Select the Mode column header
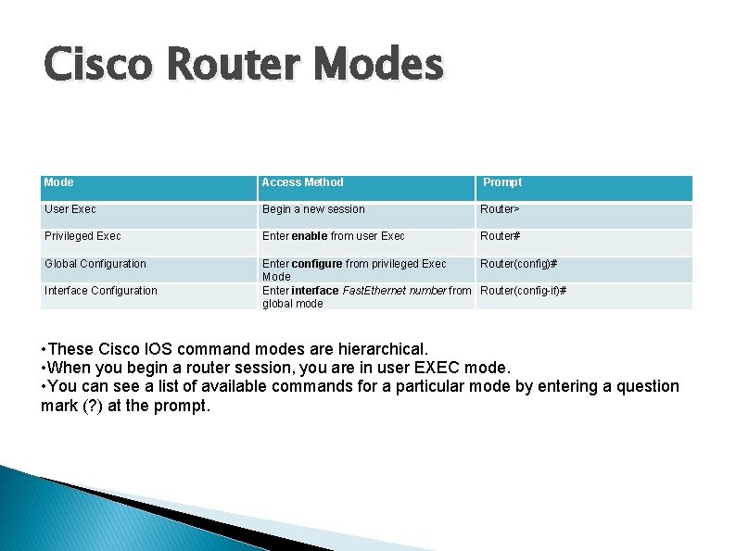(59, 182)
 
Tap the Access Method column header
(302, 182)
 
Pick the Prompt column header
(502, 182)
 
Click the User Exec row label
(70, 209)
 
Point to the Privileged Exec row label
(82, 236)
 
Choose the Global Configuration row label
(95, 264)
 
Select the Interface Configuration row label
(101, 291)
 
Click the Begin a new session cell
(313, 209)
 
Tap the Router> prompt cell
(500, 209)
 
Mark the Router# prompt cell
(500, 236)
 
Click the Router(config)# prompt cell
(518, 264)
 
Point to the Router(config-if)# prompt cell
(523, 291)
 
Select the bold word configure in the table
(317, 264)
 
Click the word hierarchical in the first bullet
(379, 349)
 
